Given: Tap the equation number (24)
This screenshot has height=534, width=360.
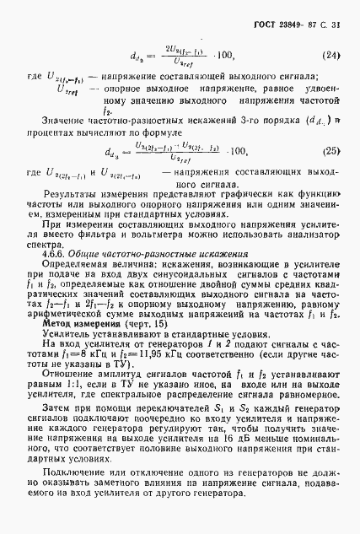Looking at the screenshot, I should tap(331, 58).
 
